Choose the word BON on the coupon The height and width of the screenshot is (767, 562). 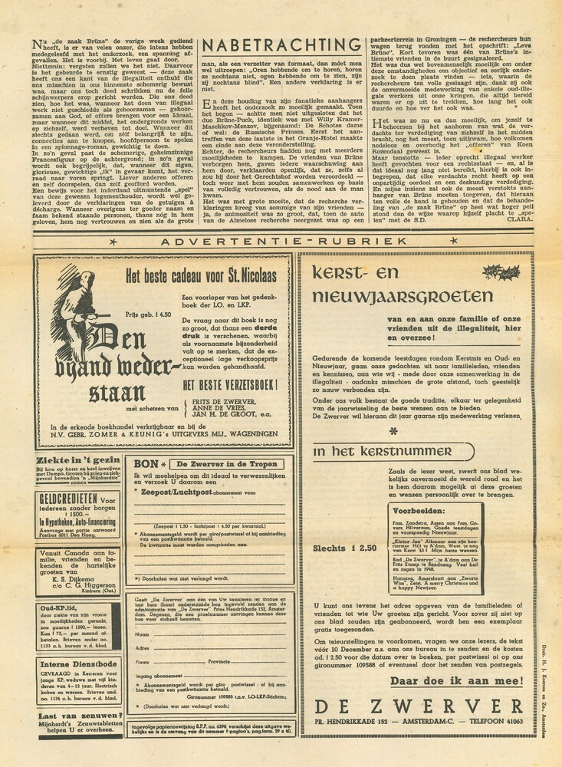(x=146, y=464)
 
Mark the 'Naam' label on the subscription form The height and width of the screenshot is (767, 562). (x=143, y=635)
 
